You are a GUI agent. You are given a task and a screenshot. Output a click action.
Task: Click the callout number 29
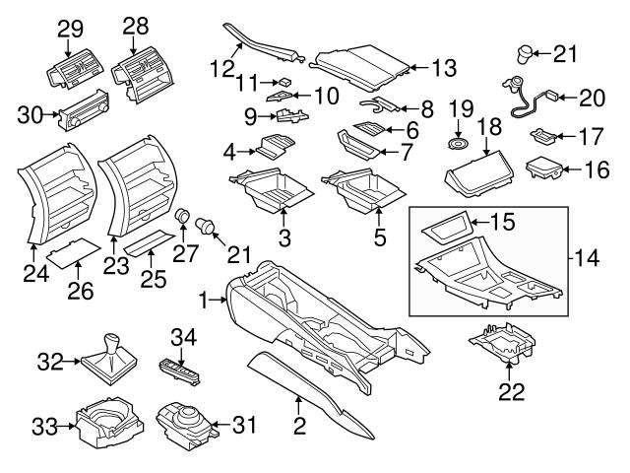(70, 30)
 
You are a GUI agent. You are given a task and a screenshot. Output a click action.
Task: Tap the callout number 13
(444, 68)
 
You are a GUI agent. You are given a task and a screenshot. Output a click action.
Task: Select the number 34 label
(184, 338)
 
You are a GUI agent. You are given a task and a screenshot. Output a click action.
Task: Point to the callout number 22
(512, 392)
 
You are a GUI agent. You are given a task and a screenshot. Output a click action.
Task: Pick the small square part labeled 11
(284, 82)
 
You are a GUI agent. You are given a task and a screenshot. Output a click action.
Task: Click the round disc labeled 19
(458, 144)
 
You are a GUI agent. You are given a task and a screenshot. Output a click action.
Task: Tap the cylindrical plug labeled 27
(183, 216)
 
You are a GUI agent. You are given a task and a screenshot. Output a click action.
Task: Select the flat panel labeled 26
(74, 253)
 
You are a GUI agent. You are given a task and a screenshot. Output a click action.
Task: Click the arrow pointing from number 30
(51, 114)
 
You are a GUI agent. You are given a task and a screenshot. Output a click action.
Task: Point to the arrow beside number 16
(572, 170)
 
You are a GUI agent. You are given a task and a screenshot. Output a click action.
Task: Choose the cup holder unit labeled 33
(109, 422)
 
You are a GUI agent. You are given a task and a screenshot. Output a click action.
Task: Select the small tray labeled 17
(543, 136)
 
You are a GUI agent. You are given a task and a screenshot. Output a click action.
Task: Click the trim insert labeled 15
(446, 227)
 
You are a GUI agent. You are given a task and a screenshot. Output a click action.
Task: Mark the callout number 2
(299, 427)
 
